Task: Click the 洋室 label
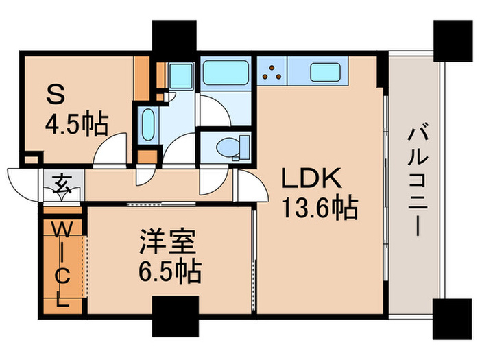(x=169, y=243)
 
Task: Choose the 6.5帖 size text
(x=169, y=272)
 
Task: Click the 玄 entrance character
(x=62, y=184)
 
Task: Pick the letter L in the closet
(x=62, y=300)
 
